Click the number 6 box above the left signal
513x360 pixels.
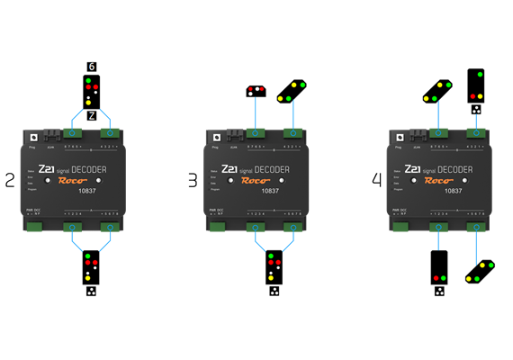tap(91, 66)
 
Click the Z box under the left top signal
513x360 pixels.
tap(91, 115)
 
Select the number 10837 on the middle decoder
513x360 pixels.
tap(269, 191)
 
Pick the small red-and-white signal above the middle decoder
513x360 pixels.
tap(256, 90)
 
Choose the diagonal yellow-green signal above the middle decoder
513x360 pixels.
tap(292, 90)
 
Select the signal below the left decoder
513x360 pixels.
tap(91, 269)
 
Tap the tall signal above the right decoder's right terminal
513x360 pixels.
tap(476, 85)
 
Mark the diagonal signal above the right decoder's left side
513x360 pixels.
tap(437, 90)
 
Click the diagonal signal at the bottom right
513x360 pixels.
tap(481, 271)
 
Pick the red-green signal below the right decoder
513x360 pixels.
tap(439, 269)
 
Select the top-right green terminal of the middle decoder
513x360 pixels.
tap(293, 132)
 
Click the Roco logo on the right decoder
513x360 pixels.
tap(439, 179)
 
